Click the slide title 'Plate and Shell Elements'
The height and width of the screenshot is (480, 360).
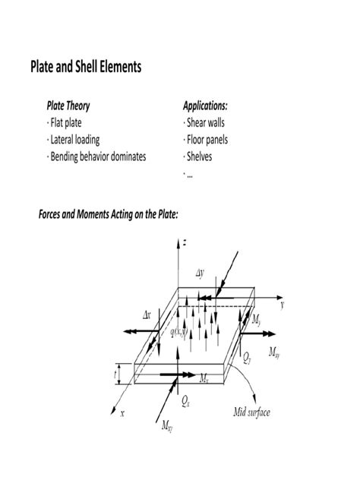pyautogui.click(x=85, y=68)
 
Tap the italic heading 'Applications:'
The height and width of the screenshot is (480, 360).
pyautogui.click(x=204, y=106)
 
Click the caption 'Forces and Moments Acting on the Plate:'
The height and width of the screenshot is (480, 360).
pyautogui.click(x=108, y=215)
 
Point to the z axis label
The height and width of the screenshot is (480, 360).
pyautogui.click(x=185, y=243)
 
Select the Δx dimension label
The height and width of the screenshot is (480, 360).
pyautogui.click(x=149, y=314)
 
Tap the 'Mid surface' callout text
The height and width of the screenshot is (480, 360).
pyautogui.click(x=251, y=413)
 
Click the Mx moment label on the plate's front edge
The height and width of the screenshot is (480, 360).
pyautogui.click(x=204, y=377)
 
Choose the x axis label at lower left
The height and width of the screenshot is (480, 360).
pyautogui.click(x=121, y=414)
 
